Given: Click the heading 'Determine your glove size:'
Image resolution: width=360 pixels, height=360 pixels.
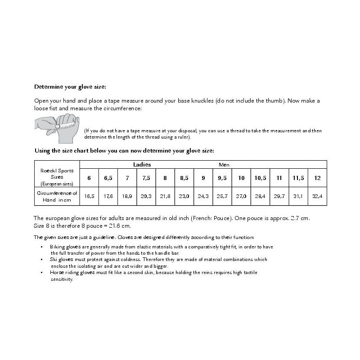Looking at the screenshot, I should [x=70, y=87].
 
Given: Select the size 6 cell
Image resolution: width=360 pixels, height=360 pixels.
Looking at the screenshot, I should [x=89, y=178].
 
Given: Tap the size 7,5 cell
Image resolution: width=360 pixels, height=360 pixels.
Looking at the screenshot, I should [x=146, y=178].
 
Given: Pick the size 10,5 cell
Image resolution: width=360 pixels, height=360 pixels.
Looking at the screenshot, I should [x=260, y=178].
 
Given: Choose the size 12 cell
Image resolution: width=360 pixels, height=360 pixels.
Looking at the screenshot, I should [x=318, y=178].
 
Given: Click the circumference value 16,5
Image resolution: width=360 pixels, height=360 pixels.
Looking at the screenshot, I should [x=89, y=197].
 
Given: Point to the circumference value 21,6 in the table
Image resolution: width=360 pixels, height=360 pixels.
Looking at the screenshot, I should [x=165, y=197].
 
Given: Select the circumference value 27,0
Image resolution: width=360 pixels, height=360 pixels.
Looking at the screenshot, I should [x=241, y=197].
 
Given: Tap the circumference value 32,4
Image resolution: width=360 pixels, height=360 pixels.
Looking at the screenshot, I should [x=318, y=197].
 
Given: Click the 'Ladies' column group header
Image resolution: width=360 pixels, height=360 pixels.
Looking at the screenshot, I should [x=142, y=165].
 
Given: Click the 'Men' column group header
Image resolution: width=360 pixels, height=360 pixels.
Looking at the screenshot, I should [x=224, y=165].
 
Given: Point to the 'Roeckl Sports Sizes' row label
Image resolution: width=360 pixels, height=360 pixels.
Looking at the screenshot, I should [x=57, y=177].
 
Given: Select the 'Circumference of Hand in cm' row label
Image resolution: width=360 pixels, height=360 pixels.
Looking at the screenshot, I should [x=57, y=196].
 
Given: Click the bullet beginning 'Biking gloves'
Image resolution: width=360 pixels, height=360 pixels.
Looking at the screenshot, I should [x=157, y=250].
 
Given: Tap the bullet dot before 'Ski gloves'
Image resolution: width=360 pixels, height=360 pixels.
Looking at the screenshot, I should [x=41, y=260].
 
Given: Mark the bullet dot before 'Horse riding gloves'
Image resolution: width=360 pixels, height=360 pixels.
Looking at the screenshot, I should [x=41, y=273].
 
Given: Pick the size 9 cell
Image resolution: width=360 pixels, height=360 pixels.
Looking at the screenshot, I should [x=203, y=178].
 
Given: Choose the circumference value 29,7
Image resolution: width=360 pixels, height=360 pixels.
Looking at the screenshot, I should [x=279, y=197].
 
